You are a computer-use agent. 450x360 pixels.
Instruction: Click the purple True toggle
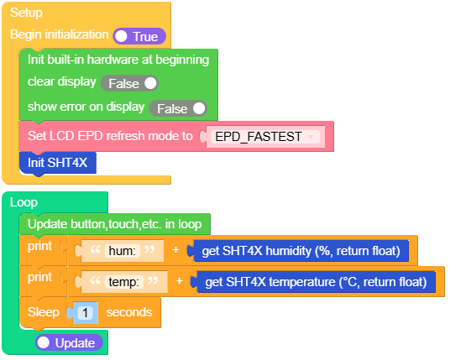[139, 36]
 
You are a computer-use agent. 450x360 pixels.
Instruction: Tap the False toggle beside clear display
[129, 83]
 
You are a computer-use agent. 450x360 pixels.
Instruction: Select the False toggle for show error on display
[178, 108]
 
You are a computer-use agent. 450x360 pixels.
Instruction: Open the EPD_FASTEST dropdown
[265, 137]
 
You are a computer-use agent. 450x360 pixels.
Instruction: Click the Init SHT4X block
[58, 163]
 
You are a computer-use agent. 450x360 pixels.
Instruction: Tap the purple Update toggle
[69, 342]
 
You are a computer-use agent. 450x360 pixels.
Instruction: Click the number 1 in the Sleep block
[85, 313]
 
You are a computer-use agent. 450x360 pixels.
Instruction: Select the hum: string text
[122, 251]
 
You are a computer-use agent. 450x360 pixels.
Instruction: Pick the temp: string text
[123, 282]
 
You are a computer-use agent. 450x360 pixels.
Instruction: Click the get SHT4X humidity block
[301, 251]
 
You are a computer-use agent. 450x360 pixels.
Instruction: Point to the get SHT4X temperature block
[316, 282]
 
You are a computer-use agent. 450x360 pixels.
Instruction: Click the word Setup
[26, 13]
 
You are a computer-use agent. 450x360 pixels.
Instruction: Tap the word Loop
[24, 202]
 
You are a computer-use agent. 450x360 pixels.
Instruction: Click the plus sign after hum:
[175, 250]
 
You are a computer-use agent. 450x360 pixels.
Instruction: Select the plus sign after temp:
[180, 281]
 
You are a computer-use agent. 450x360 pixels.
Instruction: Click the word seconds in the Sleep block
[129, 312]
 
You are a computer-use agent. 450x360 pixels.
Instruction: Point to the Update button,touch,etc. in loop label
[115, 224]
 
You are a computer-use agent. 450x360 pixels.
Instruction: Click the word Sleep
[44, 312]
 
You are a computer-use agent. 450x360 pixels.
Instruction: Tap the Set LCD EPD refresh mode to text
[110, 136]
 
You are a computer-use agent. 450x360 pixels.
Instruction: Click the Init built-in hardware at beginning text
[118, 60]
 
